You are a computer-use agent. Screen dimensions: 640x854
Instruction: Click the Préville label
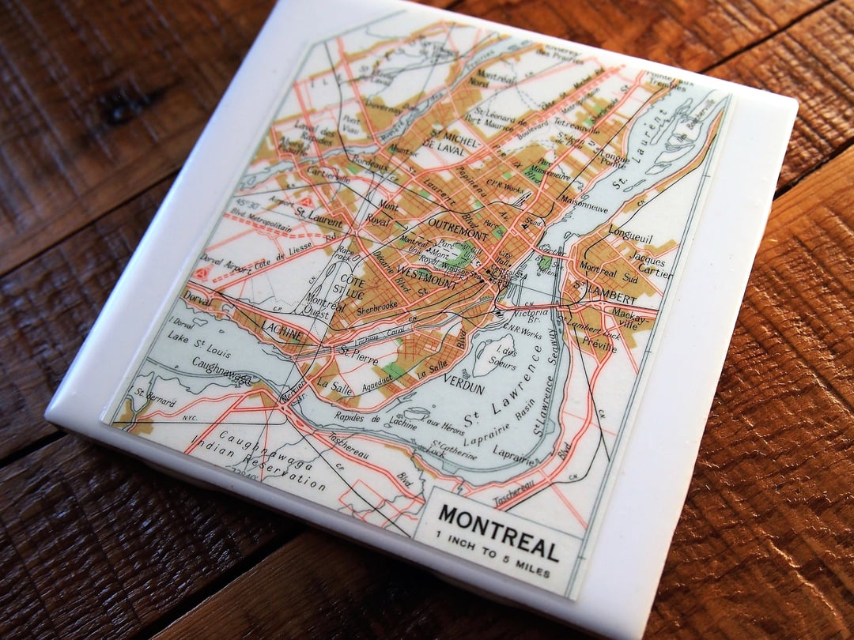(600, 343)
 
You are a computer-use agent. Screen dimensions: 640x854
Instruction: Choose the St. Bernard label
(156, 397)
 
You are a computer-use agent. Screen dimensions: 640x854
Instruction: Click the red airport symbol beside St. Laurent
(305, 202)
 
